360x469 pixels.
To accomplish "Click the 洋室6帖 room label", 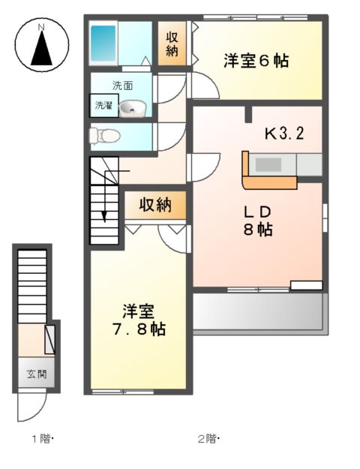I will point(256,62).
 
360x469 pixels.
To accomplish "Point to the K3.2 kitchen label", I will point(283,134).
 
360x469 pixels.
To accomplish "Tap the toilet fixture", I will point(103,136).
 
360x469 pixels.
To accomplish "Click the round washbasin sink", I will point(132,108).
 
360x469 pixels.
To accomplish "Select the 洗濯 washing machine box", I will point(103,106).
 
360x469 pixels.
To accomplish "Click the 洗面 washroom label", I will point(122,85).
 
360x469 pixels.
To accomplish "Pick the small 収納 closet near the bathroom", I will point(172,44).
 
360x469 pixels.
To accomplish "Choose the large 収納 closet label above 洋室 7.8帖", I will point(154,205).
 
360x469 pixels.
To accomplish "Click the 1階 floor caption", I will point(40,438).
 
